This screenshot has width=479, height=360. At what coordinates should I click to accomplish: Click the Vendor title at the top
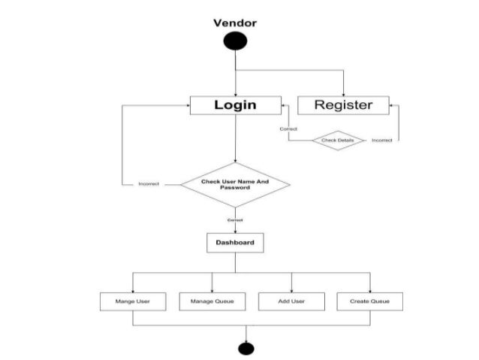pos(235,23)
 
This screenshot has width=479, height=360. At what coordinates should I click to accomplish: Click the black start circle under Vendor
pos(235,42)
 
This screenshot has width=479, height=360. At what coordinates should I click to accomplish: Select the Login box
pos(235,105)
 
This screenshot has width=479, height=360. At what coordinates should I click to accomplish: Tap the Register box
pos(343,105)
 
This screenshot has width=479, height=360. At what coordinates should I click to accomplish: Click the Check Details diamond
pos(338,140)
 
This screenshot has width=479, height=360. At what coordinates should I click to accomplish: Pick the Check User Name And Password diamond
pos(235,184)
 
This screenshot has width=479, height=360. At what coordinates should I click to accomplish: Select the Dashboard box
pos(235,243)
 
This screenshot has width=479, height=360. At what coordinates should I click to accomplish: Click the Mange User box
pos(133,301)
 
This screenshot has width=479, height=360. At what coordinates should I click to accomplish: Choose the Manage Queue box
pos(212,301)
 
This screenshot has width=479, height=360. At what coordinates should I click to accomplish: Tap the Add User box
pos(291,301)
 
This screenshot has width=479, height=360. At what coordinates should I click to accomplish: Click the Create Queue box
pos(369,301)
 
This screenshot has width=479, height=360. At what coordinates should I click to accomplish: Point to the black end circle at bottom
pos(246,347)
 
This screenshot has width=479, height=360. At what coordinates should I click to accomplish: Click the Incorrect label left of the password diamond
pos(148,184)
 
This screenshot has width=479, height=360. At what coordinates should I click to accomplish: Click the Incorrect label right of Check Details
pos(382,140)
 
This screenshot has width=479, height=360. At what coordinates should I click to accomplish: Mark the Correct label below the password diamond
pos(235,219)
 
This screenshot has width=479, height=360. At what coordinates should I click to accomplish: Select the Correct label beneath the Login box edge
pos(288,129)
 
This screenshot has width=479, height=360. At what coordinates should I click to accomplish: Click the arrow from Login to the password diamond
pos(235,139)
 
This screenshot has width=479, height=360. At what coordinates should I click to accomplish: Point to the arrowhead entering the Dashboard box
pos(235,231)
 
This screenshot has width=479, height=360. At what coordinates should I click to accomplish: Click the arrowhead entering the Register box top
pos(343,93)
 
